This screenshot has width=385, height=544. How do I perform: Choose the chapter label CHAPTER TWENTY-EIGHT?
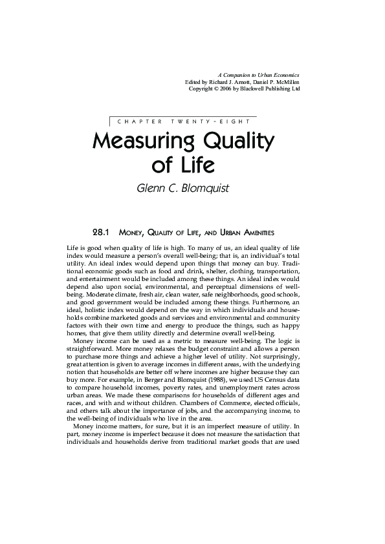(184, 121)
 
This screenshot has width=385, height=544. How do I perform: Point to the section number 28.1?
(104, 231)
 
